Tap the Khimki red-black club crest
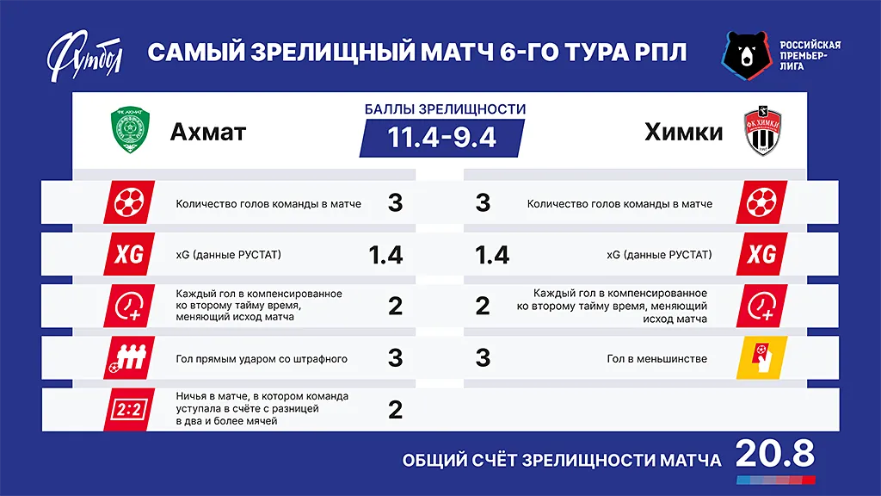point(761,131)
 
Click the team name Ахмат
point(208,132)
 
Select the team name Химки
point(684,132)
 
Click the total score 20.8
point(774,454)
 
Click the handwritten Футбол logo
point(86,53)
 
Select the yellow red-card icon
point(761,357)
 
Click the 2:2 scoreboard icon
point(129,409)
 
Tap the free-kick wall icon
point(129,357)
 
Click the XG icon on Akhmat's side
point(129,254)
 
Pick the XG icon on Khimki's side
point(761,254)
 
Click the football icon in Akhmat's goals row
point(129,203)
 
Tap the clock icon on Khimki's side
point(761,306)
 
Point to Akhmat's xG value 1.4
point(385,255)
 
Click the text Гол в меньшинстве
point(657,358)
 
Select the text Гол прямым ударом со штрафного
point(262,358)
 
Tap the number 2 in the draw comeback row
point(395,409)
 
